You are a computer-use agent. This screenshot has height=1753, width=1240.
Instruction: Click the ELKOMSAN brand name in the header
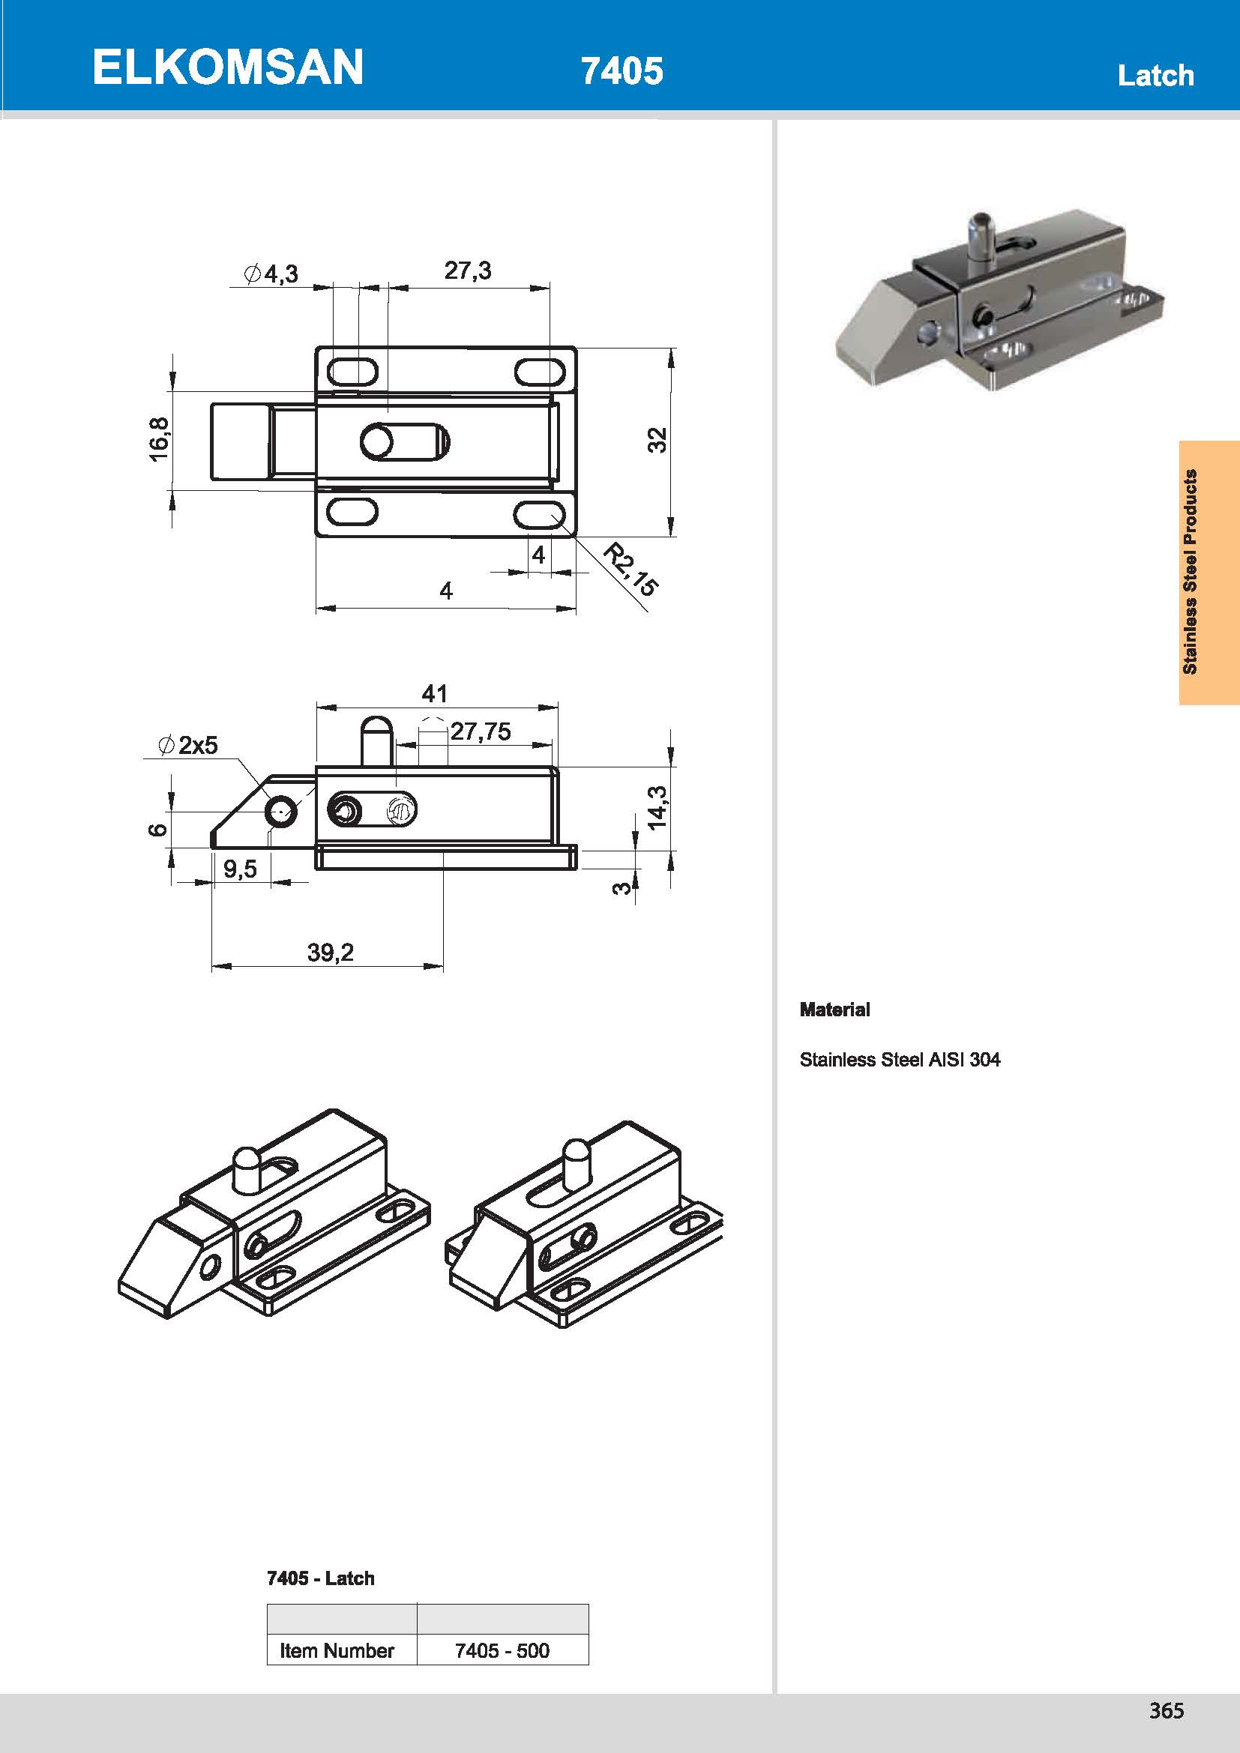click(228, 67)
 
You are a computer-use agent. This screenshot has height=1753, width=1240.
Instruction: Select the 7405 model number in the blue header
click(621, 71)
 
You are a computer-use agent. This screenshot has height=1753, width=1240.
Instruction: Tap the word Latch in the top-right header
click(1155, 76)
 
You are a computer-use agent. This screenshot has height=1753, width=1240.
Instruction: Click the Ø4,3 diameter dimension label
click(271, 274)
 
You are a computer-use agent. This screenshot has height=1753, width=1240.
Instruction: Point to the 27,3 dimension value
click(467, 271)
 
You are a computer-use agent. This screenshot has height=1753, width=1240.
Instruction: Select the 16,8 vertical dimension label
click(159, 439)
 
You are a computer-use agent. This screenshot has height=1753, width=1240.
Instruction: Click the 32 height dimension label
click(657, 441)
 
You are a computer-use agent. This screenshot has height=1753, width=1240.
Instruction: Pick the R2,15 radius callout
click(630, 569)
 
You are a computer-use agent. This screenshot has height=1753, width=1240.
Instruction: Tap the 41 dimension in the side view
click(435, 693)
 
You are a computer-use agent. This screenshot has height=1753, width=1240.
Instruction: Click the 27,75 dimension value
click(481, 731)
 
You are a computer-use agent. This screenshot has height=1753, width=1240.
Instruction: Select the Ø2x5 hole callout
click(188, 744)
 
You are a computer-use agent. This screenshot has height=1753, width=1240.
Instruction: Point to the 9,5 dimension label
click(240, 869)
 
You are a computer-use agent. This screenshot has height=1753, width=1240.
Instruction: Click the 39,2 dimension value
click(330, 952)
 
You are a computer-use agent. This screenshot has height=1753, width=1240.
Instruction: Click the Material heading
click(834, 1010)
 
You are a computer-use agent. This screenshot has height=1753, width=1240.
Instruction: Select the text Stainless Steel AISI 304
click(900, 1060)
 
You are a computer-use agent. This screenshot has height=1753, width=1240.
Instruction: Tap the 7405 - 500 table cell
click(502, 1650)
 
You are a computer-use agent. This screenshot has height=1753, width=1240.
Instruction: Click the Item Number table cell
click(337, 1650)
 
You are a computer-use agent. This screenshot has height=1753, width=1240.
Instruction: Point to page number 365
click(1166, 1711)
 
